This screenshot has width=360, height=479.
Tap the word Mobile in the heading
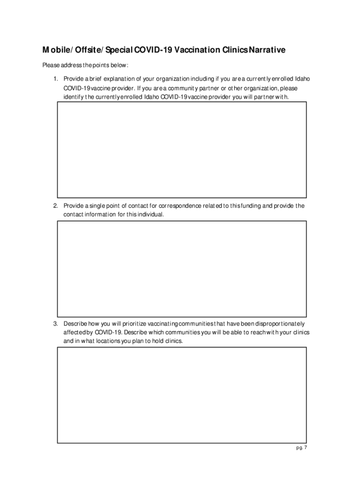coord(55,50)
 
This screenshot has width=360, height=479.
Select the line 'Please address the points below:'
coord(85,65)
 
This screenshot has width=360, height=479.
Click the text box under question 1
coord(181,150)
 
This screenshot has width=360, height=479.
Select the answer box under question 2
coord(181,269)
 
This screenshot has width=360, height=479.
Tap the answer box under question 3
coord(181,395)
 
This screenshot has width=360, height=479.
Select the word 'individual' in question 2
coord(151,215)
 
